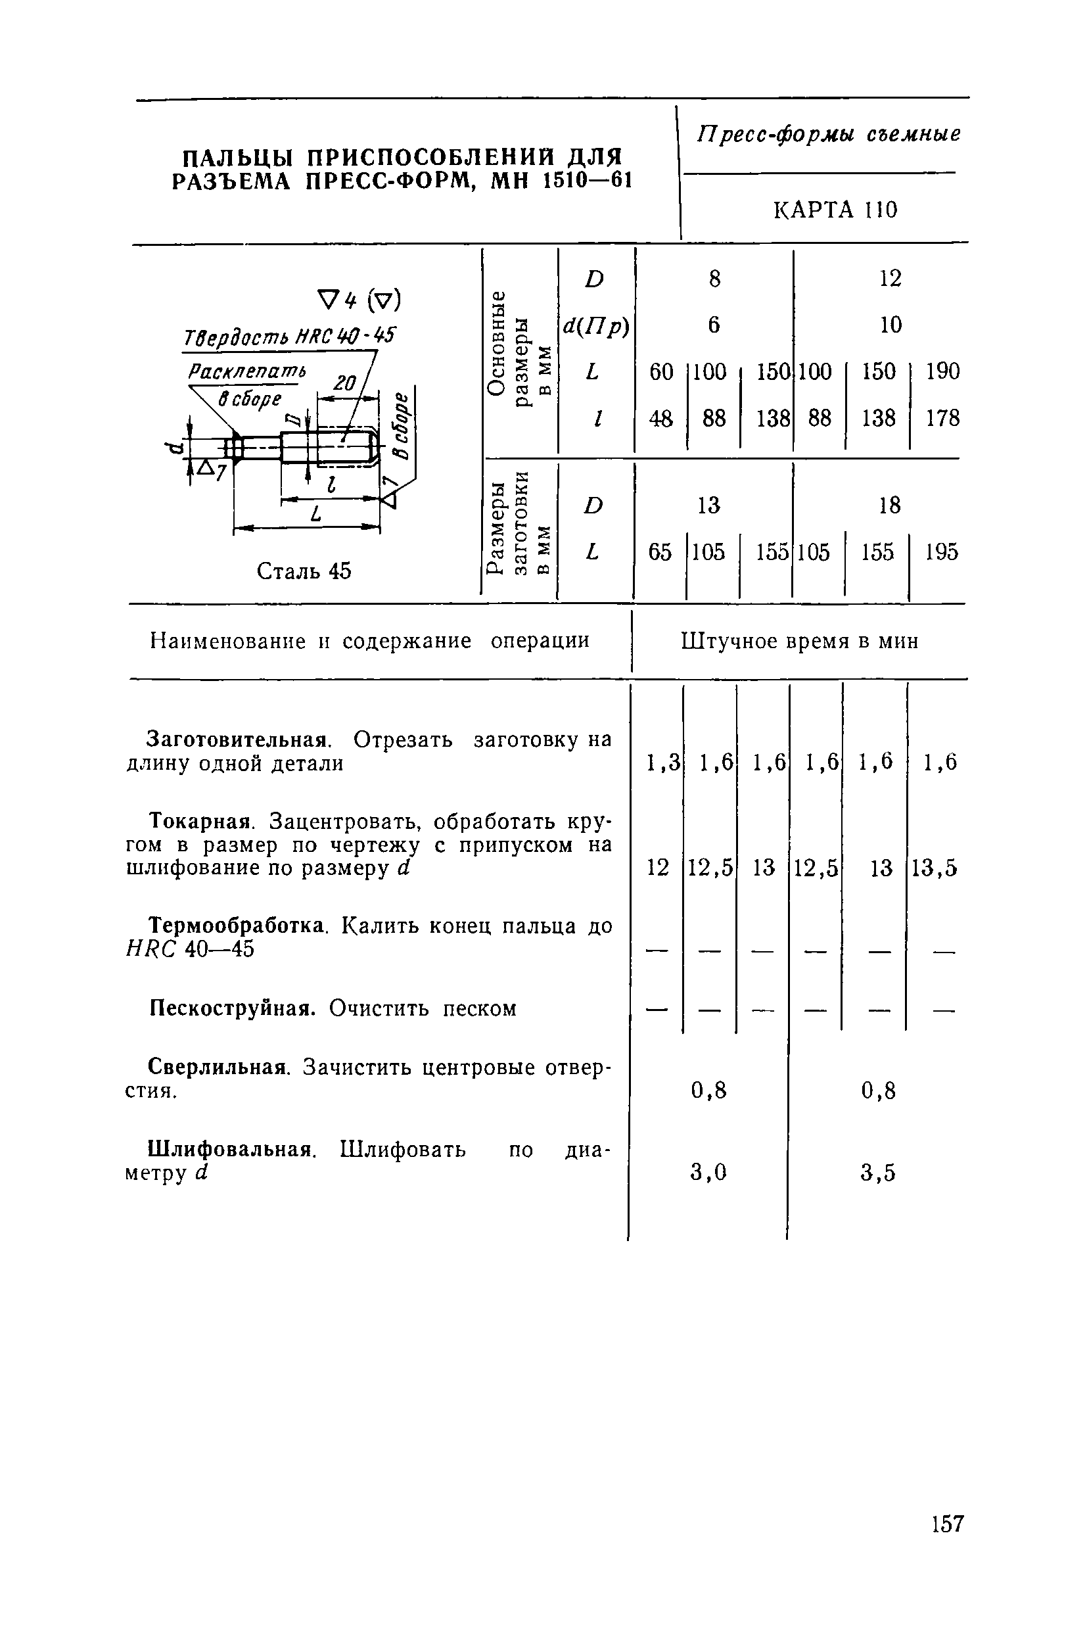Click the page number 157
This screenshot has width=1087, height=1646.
[948, 1523]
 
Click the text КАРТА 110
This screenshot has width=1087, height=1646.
[835, 210]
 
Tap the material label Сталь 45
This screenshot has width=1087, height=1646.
[304, 571]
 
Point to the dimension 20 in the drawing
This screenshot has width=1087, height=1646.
[344, 382]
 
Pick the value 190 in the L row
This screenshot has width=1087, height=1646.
[943, 371]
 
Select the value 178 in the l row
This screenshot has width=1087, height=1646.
[943, 418]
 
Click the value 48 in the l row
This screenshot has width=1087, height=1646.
[660, 418]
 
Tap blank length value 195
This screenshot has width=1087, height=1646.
[941, 552]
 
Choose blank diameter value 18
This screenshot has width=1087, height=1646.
[889, 506]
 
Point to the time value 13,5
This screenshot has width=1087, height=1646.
[934, 868]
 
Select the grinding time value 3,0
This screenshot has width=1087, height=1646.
[708, 1172]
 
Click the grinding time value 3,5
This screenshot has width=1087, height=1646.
[878, 1173]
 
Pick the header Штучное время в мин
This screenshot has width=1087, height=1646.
[800, 642]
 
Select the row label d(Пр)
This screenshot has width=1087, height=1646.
[595, 325]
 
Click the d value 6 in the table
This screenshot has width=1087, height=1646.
[714, 325]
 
